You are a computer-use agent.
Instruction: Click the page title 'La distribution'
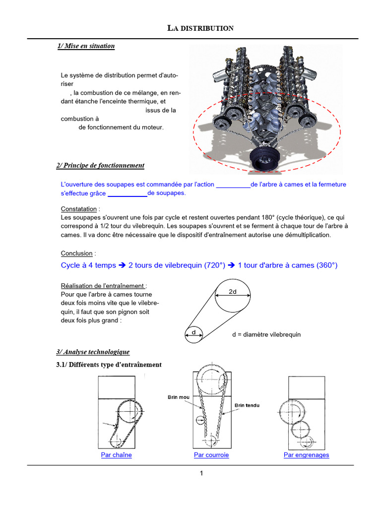200,28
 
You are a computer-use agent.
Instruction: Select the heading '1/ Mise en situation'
86,46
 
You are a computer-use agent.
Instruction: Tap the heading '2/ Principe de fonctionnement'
100,165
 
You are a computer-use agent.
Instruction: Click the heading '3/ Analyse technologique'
93,352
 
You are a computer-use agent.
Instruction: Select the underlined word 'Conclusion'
76,254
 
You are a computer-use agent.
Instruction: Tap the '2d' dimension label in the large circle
233,292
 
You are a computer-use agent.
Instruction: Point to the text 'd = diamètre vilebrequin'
266,334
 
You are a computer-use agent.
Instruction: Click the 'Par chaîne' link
116,455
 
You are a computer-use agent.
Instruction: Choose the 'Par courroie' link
211,455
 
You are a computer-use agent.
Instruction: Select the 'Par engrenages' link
306,455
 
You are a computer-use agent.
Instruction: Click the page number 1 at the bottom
201,473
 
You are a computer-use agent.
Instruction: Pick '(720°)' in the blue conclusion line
215,265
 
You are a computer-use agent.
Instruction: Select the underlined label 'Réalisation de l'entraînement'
103,286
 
